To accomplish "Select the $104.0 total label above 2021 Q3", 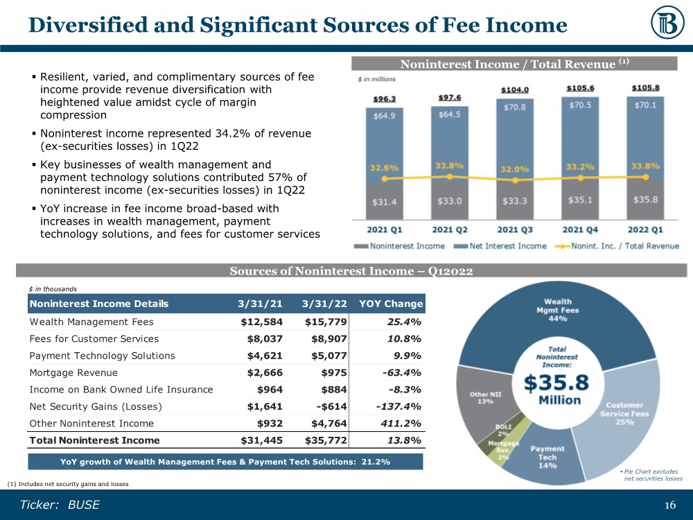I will coord(514,90).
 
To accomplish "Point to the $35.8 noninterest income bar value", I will coord(645,201).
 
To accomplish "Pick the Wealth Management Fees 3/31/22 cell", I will coord(326,322).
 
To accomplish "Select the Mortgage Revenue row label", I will coord(73,372).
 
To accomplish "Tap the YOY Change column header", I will coord(391,304).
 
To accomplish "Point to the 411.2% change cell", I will coord(403,423).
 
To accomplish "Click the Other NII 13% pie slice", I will coord(481,399).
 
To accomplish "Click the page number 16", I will coord(669,505).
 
